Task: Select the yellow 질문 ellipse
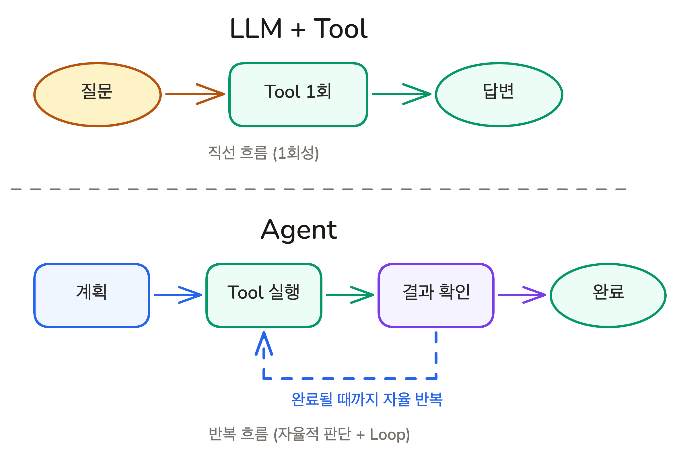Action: [x=97, y=94]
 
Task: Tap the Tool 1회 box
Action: [x=298, y=94]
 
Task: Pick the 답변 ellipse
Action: [x=499, y=94]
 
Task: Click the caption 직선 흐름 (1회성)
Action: [x=263, y=153]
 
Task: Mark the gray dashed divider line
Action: [x=318, y=189]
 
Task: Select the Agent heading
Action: [x=299, y=230]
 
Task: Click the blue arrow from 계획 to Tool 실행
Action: [x=178, y=295]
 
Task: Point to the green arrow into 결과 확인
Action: [x=350, y=295]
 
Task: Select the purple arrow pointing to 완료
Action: [x=522, y=295]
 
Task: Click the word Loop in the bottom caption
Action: [x=388, y=434]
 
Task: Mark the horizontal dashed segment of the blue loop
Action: [x=350, y=378]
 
